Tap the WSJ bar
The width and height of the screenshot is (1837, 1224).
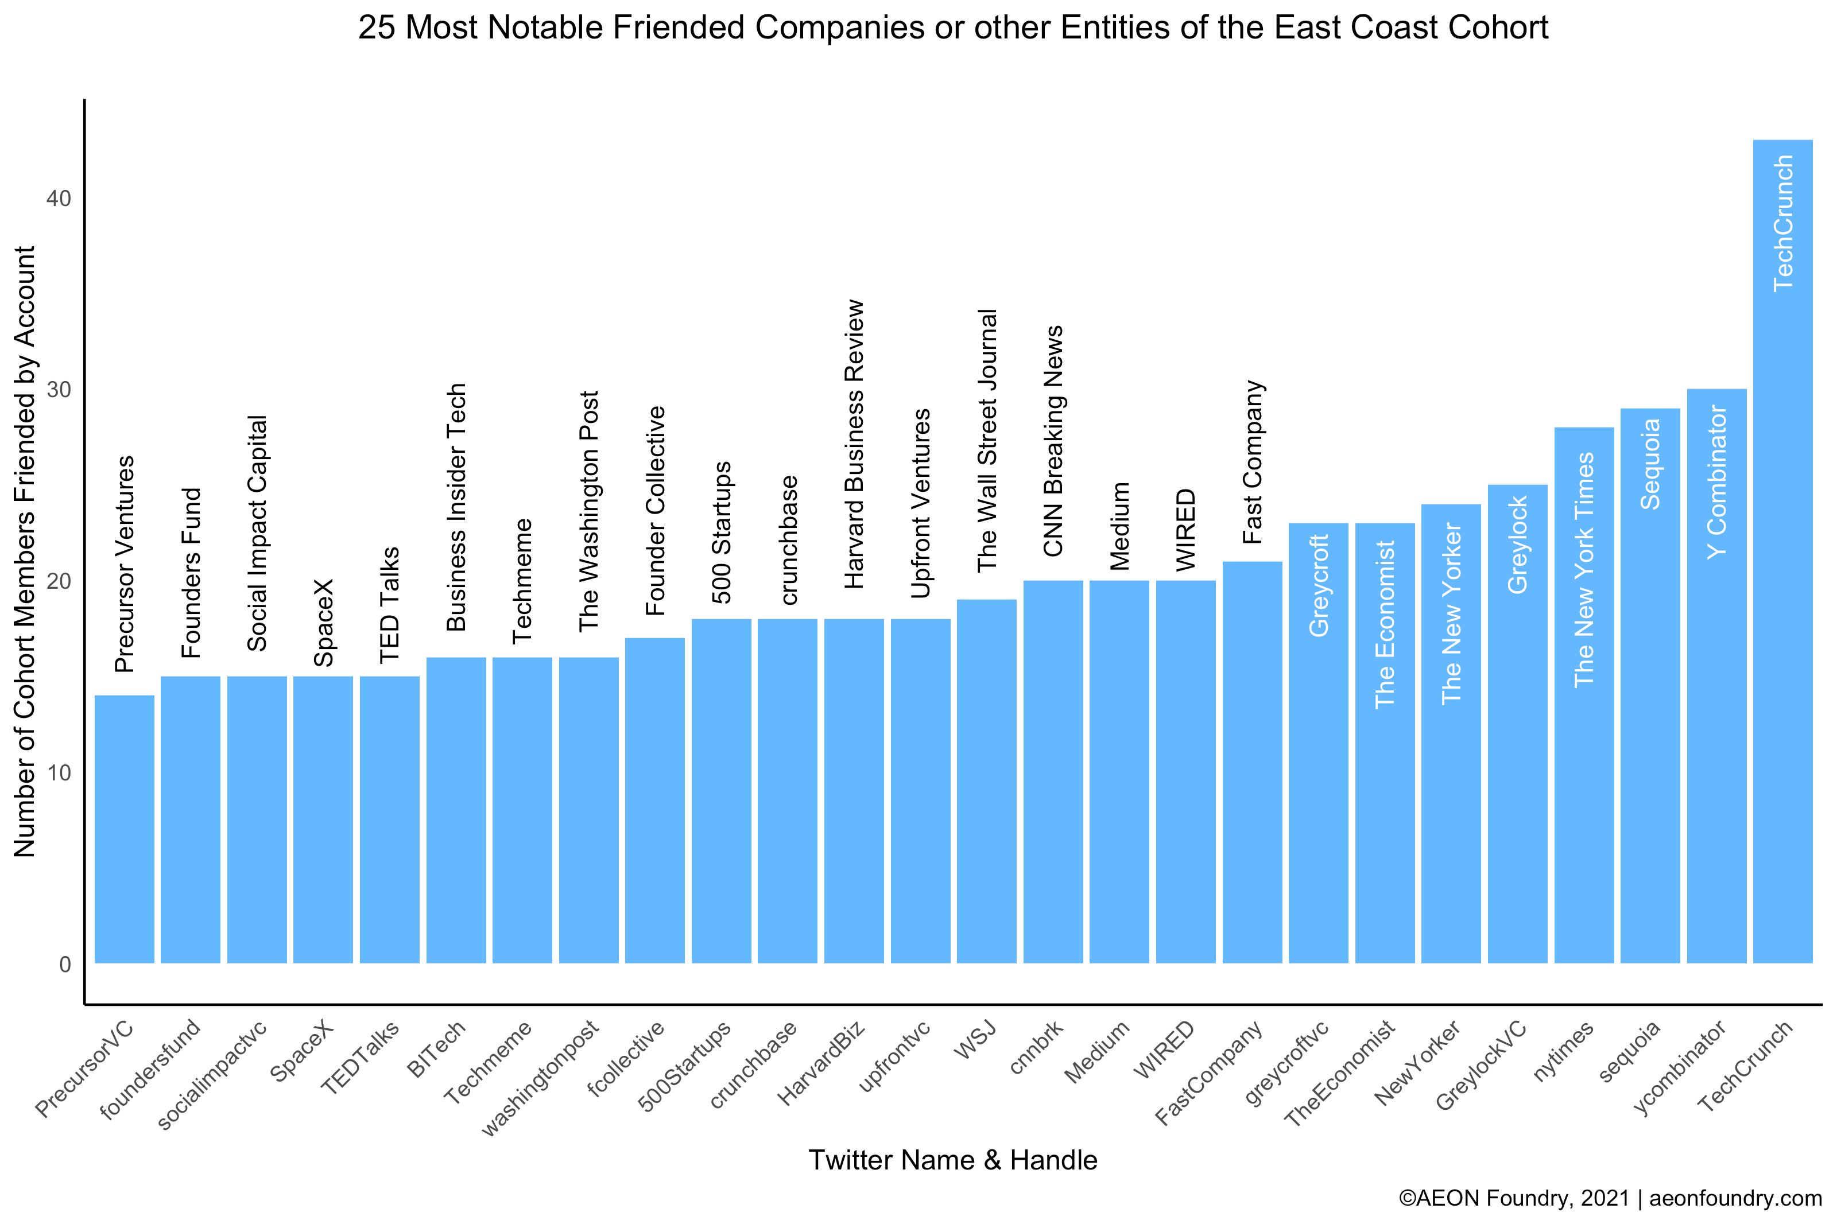[x=986, y=780]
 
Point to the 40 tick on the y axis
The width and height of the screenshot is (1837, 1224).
[x=59, y=199]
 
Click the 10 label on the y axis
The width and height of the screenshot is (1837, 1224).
[x=59, y=773]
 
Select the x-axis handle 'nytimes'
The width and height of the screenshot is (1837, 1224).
[x=1563, y=1051]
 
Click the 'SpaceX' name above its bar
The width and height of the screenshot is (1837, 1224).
[x=323, y=622]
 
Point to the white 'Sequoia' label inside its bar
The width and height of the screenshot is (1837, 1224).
[x=1650, y=464]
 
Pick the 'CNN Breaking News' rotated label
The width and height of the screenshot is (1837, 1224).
[x=1053, y=441]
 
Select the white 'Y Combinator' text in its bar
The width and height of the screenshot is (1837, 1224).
[x=1716, y=481]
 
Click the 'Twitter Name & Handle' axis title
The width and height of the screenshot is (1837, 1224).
[x=952, y=1160]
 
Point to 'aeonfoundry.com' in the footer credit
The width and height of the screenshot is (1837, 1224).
[x=1735, y=1198]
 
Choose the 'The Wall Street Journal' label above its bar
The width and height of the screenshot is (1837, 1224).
[x=987, y=441]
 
